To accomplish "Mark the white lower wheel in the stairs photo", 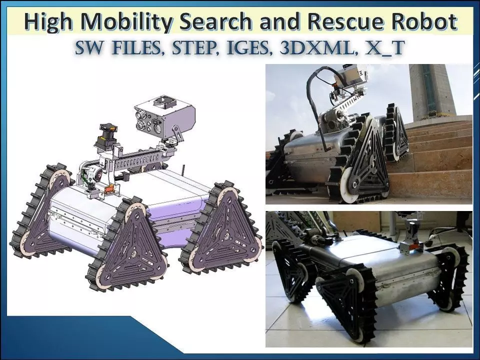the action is pyautogui.click(x=349, y=186).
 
